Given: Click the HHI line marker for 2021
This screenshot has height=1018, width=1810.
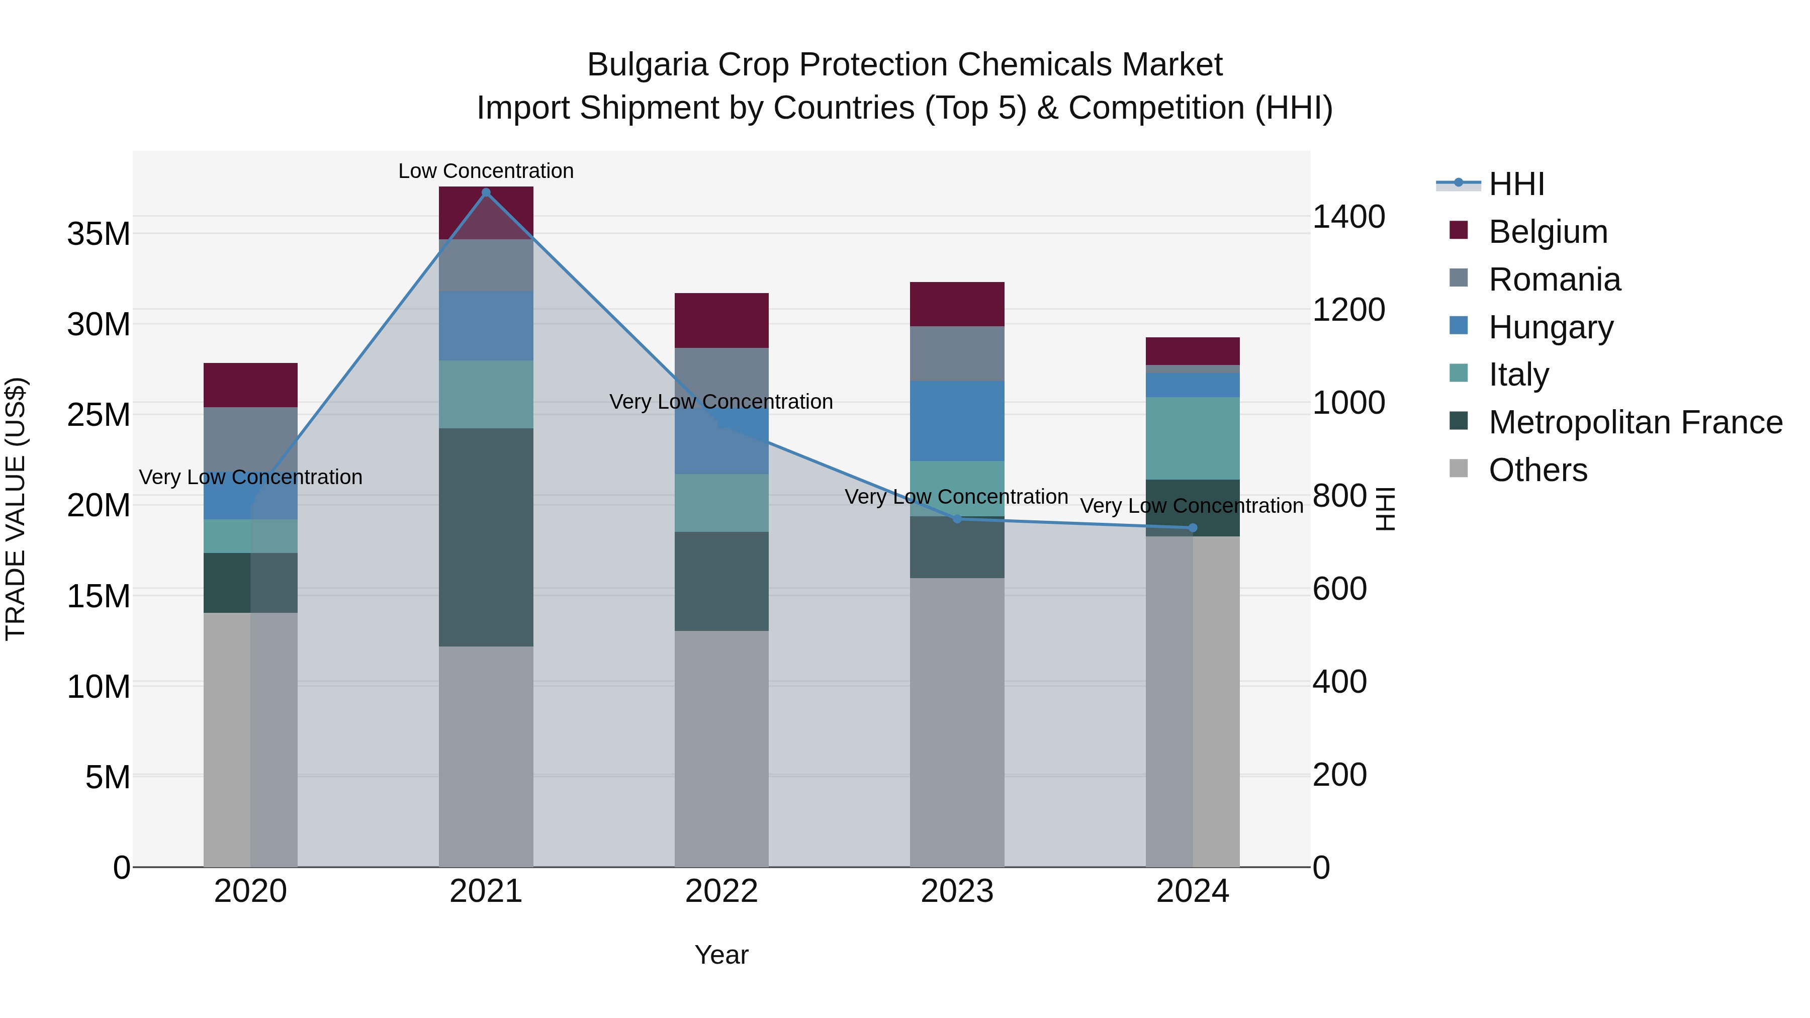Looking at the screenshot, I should coord(486,193).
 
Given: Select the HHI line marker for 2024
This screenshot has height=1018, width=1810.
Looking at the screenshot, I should coord(1193,528).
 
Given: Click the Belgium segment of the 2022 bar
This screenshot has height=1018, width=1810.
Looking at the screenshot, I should coord(721,320).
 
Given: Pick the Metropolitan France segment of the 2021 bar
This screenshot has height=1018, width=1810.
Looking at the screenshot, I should coord(486,537).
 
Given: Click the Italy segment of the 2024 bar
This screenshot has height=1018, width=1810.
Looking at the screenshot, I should coord(1193,438).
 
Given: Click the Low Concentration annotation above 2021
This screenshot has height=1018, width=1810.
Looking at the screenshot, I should coord(486,171).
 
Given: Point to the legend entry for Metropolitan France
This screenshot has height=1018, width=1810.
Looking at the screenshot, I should coord(1635,422).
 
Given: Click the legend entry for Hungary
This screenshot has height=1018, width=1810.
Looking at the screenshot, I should coord(1551,327).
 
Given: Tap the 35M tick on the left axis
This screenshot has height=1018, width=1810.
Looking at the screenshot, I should coord(99,234).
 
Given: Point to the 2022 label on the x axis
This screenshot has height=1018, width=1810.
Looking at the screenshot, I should coord(721,891).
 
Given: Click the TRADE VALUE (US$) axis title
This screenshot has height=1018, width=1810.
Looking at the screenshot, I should coord(16,509).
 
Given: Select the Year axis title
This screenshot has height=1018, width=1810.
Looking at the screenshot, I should coord(721,955).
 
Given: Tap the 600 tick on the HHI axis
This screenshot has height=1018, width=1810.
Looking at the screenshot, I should coord(1339,589).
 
